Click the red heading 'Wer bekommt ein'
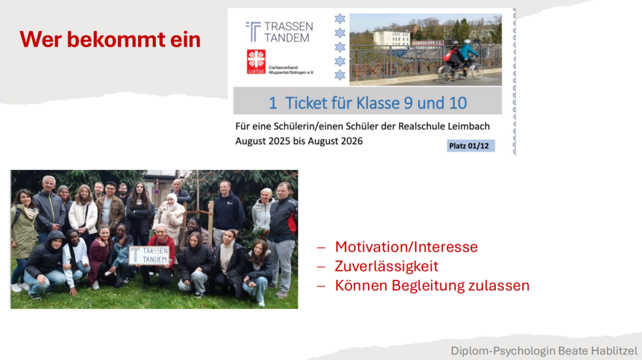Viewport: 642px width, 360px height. [110, 40]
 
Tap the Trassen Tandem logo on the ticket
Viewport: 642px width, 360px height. [279, 32]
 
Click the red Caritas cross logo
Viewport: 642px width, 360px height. [256, 61]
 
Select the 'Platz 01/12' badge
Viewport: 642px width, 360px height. [470, 146]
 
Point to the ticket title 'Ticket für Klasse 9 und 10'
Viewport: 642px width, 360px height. [376, 103]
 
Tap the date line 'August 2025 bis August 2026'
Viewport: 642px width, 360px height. [299, 141]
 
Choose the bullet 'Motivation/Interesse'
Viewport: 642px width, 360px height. [406, 246]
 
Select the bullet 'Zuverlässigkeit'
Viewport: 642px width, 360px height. [386, 266]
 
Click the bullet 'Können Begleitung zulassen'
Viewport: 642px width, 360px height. [432, 285]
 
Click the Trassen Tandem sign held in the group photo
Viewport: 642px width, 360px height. [149, 255]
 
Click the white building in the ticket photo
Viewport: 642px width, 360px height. [391, 39]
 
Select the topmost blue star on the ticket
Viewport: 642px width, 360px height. [340, 18]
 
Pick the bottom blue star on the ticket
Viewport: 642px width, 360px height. [340, 75]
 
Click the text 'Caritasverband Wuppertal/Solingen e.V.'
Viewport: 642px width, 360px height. [291, 70]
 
